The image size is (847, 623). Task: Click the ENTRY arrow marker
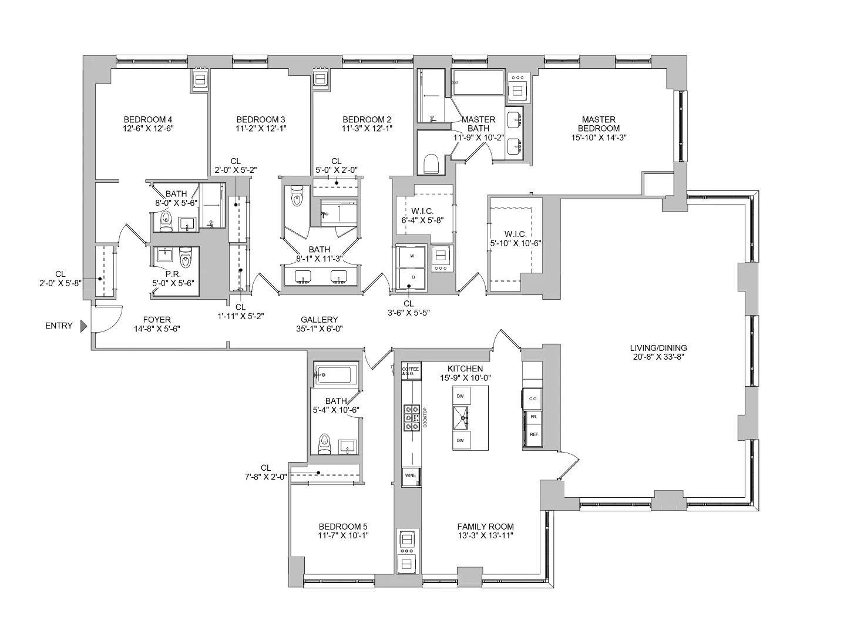(84, 326)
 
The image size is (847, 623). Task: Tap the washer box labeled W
(411, 256)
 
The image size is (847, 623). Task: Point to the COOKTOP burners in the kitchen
(411, 418)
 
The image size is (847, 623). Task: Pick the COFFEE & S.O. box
(411, 370)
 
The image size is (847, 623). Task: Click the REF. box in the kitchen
(534, 434)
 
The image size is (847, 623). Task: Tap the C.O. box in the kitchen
(533, 398)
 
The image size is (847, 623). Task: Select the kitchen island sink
(464, 418)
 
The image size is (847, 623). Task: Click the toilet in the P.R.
(186, 259)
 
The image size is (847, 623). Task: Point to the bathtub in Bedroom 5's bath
(335, 374)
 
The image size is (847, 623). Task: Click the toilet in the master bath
(431, 163)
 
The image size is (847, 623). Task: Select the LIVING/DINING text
(658, 348)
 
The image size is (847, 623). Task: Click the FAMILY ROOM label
(485, 527)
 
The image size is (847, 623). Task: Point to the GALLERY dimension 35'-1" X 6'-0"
(320, 329)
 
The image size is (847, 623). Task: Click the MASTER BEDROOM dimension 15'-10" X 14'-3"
(598, 137)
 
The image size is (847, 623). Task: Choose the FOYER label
(157, 320)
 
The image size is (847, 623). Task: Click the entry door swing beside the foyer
(107, 320)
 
